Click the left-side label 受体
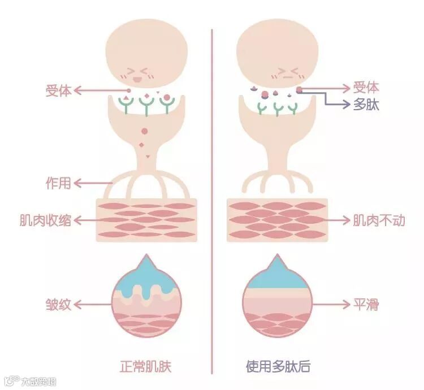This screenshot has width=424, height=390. coord(59,90)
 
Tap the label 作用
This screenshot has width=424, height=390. coord(59,183)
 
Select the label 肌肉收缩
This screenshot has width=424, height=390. coord(59,220)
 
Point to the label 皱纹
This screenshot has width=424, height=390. coord(59,305)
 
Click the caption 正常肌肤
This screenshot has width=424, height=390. coord(146,366)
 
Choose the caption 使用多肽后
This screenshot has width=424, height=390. coord(278,366)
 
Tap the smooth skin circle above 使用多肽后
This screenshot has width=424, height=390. coord(277,302)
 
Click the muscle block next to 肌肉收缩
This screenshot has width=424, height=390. coord(146,220)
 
